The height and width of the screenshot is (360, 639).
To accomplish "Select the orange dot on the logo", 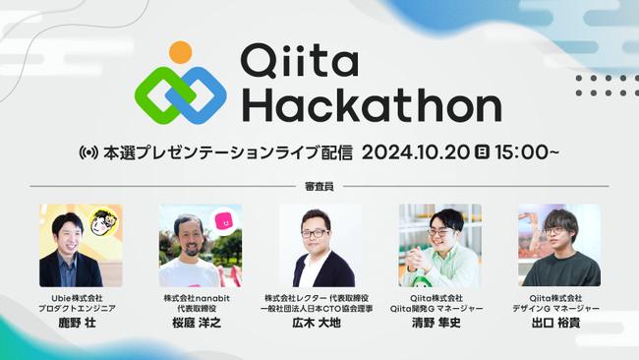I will click(x=180, y=52).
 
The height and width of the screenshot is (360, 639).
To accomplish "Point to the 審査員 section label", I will click(x=319, y=186).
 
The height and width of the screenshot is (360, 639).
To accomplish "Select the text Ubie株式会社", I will click(x=80, y=298).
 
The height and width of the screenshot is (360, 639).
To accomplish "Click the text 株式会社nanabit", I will click(x=200, y=298).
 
